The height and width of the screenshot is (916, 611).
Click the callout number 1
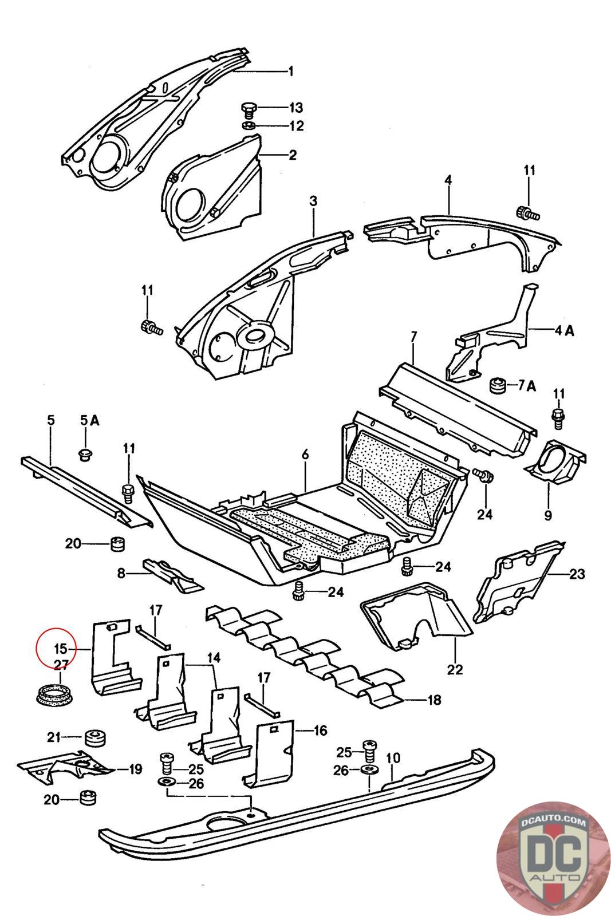[x=291, y=71]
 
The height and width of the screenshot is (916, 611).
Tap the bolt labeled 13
[x=249, y=108]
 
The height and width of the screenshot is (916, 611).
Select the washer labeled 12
[x=250, y=125]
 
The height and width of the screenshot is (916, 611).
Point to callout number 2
[x=293, y=155]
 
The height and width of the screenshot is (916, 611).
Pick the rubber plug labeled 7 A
[x=496, y=385]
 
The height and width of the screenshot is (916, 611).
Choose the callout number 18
[x=434, y=700]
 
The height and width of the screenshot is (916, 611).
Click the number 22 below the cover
[x=455, y=668]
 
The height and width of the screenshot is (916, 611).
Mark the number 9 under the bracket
[x=548, y=515]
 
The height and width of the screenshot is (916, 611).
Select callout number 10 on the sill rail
[x=393, y=759]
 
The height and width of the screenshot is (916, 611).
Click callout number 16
[x=320, y=730]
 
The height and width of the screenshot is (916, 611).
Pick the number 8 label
[x=121, y=572]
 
